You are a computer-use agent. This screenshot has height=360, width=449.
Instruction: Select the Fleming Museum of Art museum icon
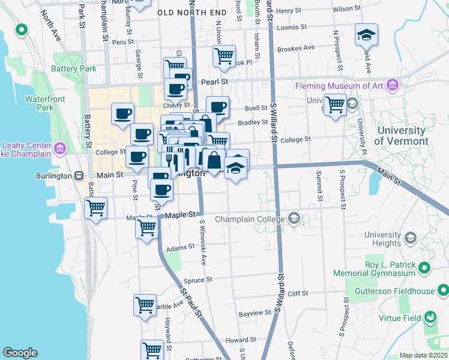(393, 86)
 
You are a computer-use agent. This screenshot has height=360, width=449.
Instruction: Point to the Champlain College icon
(294, 218)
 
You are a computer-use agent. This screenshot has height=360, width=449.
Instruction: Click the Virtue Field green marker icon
(430, 316)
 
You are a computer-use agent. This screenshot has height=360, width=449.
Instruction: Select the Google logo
(20, 353)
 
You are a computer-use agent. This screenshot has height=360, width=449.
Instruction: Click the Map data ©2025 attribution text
(423, 355)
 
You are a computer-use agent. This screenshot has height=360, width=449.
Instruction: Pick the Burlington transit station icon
(78, 175)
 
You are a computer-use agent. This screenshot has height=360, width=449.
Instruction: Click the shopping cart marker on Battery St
(96, 208)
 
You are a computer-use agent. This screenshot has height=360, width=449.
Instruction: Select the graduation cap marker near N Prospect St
(365, 34)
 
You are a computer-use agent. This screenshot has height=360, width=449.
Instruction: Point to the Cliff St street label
(297, 293)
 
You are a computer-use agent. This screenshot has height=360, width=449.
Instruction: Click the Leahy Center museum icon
(60, 148)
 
